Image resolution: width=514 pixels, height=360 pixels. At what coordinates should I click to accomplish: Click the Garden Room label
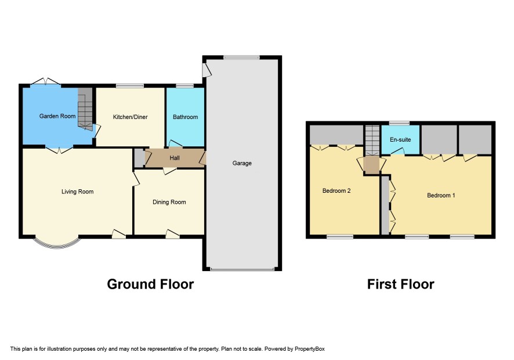[57, 116]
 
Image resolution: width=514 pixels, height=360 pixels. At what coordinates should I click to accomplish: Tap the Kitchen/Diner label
[130, 117]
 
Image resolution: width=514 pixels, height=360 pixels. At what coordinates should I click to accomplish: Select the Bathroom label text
[185, 117]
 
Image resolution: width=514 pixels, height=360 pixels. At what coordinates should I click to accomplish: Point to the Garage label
[242, 163]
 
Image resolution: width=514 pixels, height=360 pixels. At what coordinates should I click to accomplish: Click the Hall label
[175, 158]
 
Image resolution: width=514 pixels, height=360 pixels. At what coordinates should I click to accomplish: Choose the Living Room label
[77, 192]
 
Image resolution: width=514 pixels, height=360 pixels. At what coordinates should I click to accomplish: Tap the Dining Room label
[169, 202]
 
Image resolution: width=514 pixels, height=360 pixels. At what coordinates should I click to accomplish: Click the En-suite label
[400, 139]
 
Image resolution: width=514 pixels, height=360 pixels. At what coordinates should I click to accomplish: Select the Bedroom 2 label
[336, 190]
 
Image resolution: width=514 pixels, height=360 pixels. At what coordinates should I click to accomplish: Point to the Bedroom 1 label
[441, 195]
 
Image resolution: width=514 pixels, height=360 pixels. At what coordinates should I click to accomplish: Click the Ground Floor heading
[150, 284]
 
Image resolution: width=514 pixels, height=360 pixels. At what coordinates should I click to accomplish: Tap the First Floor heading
[400, 284]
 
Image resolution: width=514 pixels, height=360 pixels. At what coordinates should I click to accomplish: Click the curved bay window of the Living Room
[56, 245]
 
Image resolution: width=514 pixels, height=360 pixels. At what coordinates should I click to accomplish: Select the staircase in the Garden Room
[85, 109]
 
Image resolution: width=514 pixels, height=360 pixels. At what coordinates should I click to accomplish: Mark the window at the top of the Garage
[241, 57]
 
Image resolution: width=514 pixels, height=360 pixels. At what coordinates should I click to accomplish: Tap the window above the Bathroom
[185, 86]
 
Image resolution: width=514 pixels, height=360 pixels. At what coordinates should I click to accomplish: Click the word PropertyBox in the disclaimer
[309, 349]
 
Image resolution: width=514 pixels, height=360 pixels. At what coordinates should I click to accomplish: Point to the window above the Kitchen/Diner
[130, 86]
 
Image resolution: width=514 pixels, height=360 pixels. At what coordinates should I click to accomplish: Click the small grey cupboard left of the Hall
[140, 158]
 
